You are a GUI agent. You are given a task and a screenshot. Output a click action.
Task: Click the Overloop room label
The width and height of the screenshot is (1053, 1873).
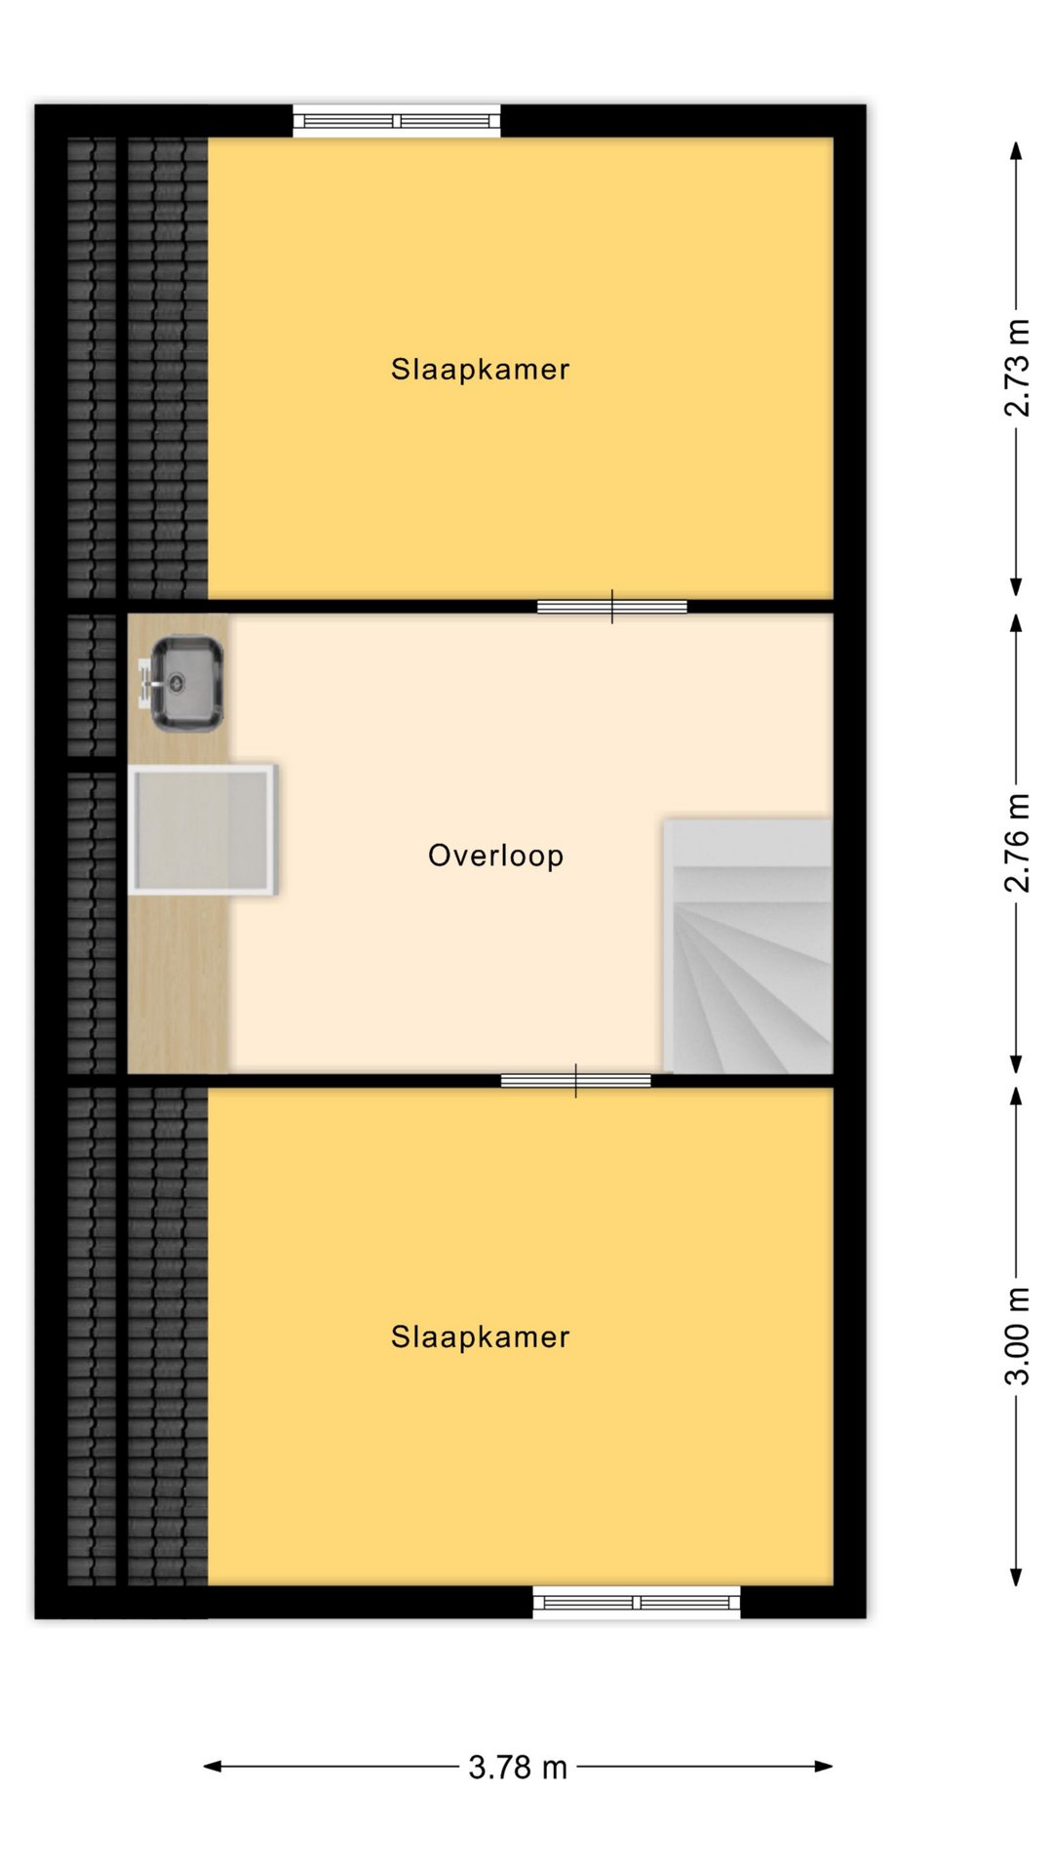click(495, 856)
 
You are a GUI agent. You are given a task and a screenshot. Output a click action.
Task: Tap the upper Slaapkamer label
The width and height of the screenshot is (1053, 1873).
click(480, 370)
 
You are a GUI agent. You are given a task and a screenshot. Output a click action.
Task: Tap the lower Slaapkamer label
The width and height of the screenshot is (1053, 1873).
click(480, 1336)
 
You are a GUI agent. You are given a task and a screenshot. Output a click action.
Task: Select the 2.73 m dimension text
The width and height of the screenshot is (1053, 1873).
click(1016, 368)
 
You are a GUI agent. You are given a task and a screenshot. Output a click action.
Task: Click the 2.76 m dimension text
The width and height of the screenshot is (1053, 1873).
click(1016, 843)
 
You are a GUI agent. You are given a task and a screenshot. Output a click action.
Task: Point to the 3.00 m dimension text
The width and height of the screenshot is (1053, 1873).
click(1016, 1336)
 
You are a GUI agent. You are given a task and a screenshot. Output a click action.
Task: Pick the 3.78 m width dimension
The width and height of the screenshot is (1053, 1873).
click(518, 1767)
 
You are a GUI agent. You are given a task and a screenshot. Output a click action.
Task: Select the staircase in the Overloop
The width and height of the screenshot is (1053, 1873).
click(748, 946)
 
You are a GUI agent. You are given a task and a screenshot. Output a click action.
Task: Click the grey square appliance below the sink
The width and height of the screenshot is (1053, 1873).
click(203, 830)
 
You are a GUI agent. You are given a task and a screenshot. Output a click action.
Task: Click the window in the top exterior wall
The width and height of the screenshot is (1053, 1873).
click(397, 121)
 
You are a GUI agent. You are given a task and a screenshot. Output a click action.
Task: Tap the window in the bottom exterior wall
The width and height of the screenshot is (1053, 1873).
click(637, 1602)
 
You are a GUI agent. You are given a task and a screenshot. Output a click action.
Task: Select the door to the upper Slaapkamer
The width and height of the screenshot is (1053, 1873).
click(612, 607)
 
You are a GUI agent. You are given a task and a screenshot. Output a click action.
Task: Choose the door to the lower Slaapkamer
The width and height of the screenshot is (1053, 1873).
click(576, 1081)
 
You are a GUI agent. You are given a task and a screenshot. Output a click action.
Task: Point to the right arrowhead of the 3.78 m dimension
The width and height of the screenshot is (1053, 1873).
click(824, 1767)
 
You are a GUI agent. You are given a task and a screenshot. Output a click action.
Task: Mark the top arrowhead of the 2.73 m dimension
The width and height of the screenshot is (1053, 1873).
click(1016, 150)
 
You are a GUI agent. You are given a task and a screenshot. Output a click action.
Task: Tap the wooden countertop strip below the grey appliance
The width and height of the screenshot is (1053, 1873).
click(179, 983)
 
